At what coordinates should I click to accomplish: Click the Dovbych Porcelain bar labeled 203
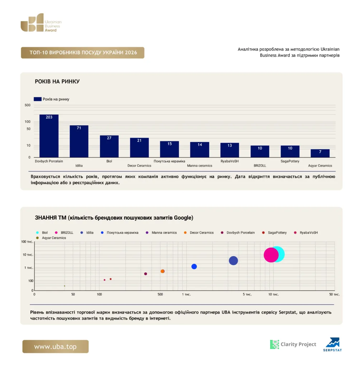49,136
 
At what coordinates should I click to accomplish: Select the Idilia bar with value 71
79,141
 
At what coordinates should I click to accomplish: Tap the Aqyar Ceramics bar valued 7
320,153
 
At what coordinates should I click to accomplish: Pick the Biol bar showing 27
109,146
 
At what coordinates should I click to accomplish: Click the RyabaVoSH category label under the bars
229,161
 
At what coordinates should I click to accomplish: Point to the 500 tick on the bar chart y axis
28,105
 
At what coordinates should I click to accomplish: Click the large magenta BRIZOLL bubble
271,255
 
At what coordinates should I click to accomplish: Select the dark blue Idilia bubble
233,261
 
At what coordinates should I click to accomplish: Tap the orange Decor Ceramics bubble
162,271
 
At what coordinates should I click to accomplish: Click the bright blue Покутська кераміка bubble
194,267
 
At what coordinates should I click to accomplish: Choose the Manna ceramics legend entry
161,233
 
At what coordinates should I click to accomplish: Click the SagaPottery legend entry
274,233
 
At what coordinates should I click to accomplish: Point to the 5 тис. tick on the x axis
247,295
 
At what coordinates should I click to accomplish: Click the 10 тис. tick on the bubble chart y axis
28,255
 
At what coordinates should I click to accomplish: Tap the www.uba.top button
56,347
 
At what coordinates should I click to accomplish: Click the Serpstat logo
333,344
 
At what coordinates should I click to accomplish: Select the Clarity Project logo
293,344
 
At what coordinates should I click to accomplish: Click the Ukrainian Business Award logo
41,23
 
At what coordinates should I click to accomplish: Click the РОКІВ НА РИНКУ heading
57,81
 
